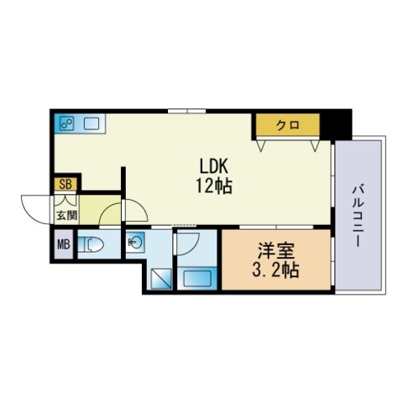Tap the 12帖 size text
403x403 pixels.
click(215, 186)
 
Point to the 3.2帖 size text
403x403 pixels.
click(275, 271)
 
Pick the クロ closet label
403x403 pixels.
click(288, 126)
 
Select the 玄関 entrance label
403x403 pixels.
click(65, 216)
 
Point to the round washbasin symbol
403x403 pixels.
click(135, 245)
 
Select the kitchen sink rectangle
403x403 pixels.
click(91, 124)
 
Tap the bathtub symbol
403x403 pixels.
click(197, 277)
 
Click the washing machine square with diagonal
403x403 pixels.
click(160, 278)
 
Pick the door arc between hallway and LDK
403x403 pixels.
click(111, 214)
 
